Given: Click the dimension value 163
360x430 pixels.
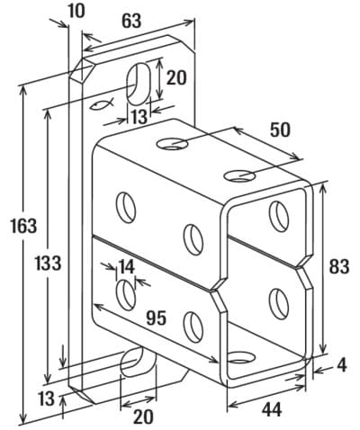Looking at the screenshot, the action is coord(23,226).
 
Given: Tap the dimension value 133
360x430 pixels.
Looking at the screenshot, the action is coord(48,263).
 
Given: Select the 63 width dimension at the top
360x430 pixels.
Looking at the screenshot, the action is coord(131,21).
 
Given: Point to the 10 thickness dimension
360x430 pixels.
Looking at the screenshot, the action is coord(76,11).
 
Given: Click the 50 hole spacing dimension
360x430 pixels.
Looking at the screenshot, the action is coord(280,130).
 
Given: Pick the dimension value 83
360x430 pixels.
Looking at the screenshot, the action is coord(339,266).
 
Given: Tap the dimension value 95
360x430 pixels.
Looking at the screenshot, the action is coord(156,318).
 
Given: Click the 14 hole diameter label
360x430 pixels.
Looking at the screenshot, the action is coord(126,266).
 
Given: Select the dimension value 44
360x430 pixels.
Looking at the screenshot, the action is coord(272,409).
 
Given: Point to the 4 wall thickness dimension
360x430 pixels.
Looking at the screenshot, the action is coord(342,365).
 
